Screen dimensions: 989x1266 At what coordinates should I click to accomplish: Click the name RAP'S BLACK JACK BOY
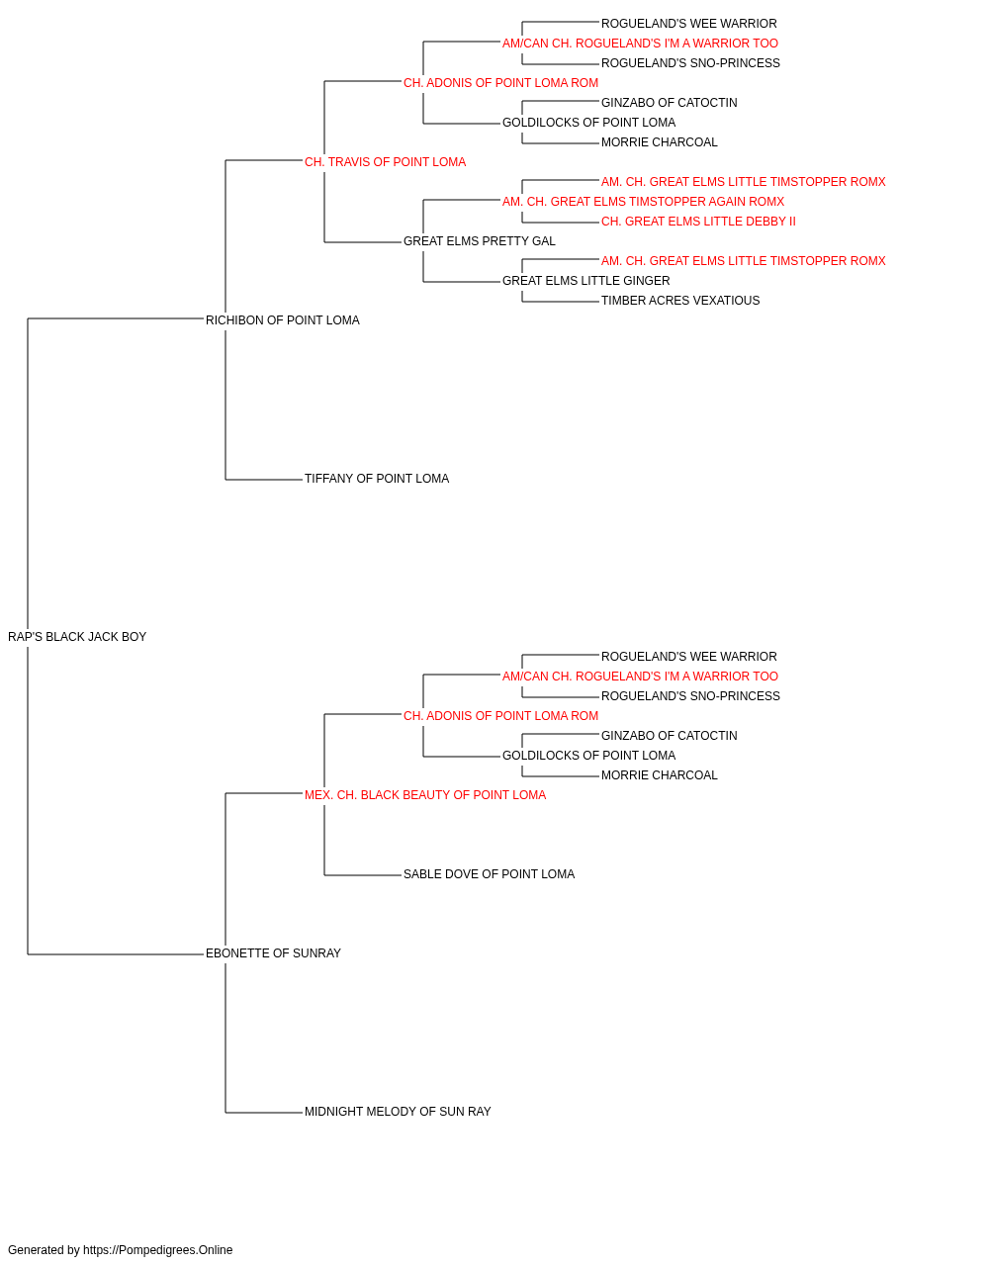(77, 637)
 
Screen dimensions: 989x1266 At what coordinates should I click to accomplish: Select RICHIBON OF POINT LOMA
(283, 320)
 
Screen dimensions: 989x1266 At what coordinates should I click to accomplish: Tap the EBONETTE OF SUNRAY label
(273, 953)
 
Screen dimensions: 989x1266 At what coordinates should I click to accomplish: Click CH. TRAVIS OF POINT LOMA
(385, 162)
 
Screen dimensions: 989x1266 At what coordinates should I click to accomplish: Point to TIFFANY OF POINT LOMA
(377, 479)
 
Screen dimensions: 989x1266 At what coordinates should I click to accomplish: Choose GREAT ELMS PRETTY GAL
(480, 241)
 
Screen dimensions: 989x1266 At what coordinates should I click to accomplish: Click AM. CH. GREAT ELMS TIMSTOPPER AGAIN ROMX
(643, 202)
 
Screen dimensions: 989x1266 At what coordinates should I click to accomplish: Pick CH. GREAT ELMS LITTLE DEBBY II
(698, 222)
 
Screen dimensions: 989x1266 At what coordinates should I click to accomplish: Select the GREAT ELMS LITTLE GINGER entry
(585, 281)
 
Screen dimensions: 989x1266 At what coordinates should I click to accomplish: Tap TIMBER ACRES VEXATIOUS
(680, 301)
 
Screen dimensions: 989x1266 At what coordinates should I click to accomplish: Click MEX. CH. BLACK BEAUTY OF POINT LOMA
(425, 795)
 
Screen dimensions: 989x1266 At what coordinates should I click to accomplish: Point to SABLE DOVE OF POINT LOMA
(489, 874)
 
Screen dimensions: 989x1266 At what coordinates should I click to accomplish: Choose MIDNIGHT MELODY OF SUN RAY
(398, 1112)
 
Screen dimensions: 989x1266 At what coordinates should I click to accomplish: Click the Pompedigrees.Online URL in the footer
(158, 1250)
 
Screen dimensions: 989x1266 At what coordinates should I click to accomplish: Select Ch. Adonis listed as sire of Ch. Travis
(500, 83)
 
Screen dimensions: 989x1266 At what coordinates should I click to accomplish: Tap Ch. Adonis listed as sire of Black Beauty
(500, 716)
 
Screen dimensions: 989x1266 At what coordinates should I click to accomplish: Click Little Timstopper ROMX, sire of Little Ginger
(743, 261)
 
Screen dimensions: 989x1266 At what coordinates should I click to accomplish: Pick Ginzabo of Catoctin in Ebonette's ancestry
(670, 736)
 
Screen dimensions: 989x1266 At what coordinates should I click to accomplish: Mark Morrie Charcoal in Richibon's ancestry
(660, 142)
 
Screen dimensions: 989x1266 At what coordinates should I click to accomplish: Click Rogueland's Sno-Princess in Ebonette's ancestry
(690, 696)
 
